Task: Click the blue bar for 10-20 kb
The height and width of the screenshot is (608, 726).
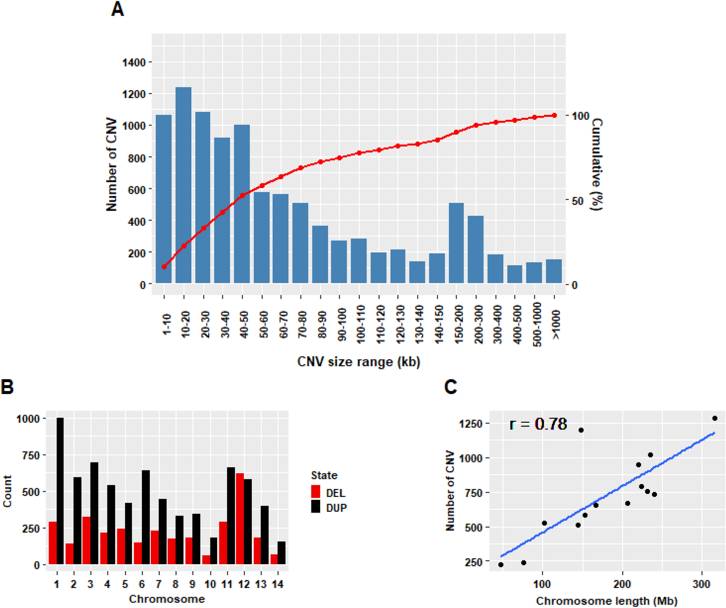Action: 183,185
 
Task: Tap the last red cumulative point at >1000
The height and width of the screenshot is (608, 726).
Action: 554,115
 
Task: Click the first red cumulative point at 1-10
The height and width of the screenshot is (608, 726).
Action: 164,267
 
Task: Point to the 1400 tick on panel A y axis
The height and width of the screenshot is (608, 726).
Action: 133,63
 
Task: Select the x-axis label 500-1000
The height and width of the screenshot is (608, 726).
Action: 537,324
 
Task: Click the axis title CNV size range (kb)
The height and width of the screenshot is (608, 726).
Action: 358,362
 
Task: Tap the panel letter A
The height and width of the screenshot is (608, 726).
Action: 117,9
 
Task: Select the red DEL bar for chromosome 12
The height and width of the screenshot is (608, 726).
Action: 240,518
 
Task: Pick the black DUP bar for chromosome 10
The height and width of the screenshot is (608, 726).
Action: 214,550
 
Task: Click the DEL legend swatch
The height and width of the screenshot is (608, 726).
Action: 316,492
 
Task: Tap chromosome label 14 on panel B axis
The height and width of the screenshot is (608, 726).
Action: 277,584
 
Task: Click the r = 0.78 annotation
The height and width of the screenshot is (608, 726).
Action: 538,424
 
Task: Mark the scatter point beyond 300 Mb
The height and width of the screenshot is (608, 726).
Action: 714,418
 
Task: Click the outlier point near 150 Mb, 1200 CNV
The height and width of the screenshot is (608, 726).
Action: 581,430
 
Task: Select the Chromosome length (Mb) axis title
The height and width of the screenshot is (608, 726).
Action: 606,601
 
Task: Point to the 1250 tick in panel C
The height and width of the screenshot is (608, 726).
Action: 470,424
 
